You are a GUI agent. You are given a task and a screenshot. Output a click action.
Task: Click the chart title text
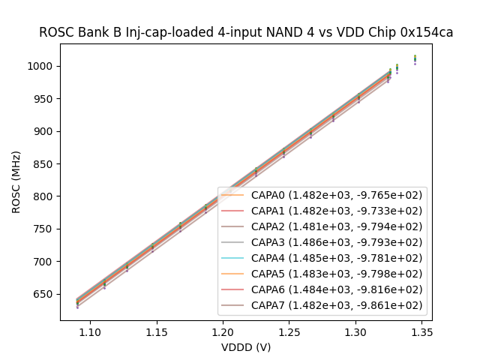pos(246,32)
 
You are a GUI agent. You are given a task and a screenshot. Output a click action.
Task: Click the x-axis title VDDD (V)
pos(246,347)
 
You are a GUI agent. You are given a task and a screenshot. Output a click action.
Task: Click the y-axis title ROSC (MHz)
pos(16,182)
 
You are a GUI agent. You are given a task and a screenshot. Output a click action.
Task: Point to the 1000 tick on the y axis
pos(43,66)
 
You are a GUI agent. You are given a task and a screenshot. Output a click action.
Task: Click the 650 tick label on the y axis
pos(46,294)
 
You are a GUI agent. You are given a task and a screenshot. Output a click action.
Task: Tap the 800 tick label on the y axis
pos(46,196)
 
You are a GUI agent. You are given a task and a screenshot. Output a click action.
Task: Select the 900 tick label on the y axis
pos(46,131)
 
